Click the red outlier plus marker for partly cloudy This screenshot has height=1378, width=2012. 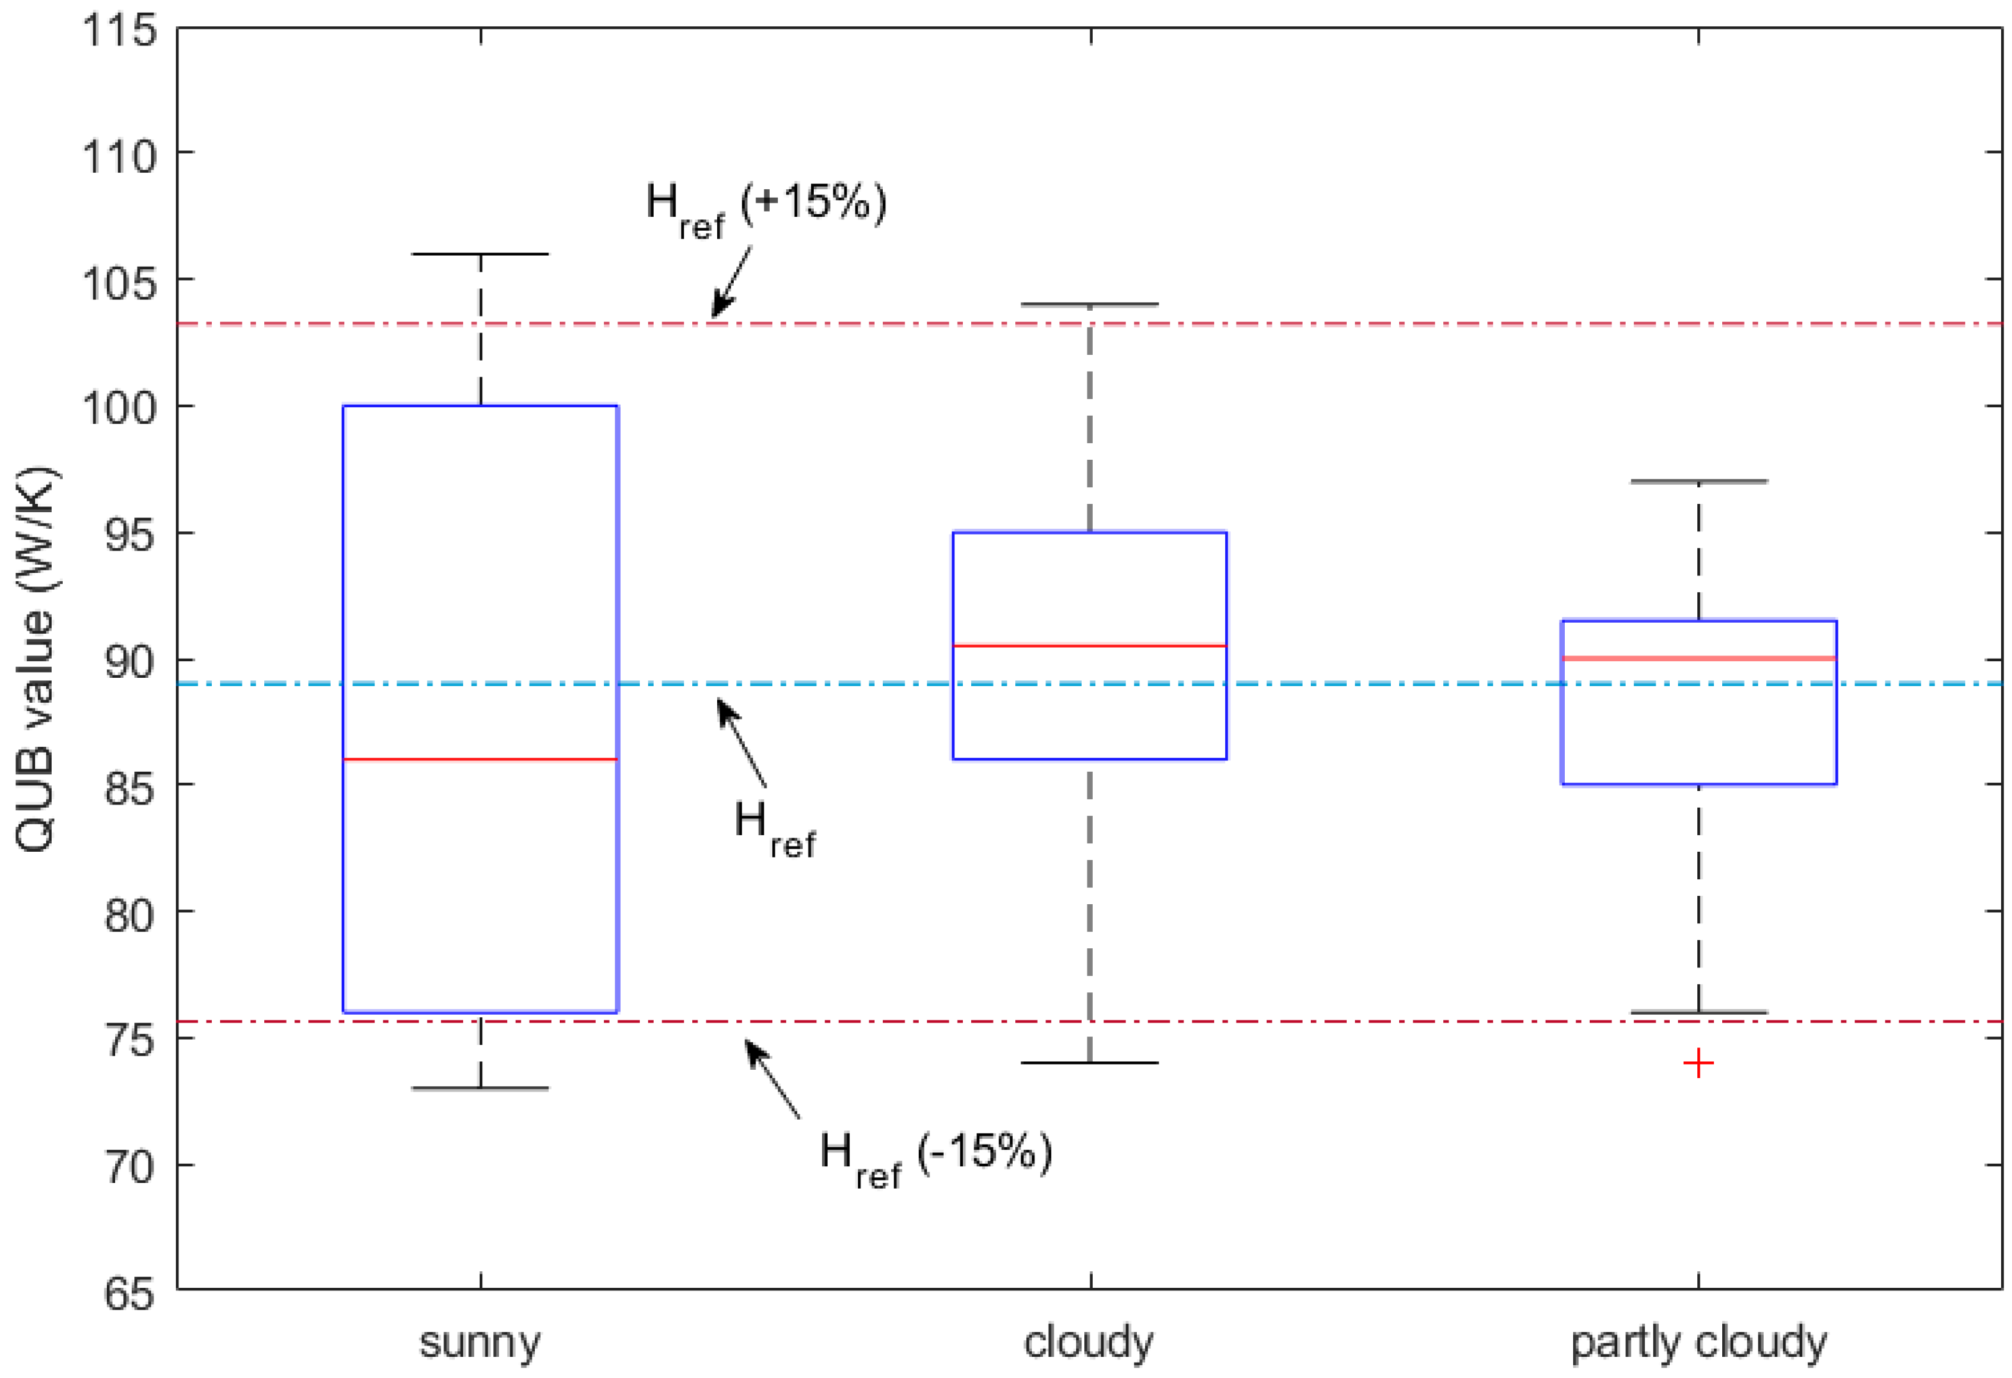pos(1698,1063)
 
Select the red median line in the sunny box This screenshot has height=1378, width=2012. pos(480,759)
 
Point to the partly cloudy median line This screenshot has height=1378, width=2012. pos(1699,659)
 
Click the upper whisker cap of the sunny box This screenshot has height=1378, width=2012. pos(480,254)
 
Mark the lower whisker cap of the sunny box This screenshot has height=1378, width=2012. pos(480,1088)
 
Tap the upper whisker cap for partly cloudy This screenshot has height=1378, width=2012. pos(1699,482)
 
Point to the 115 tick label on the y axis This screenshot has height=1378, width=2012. pos(120,32)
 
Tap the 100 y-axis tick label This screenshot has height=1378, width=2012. pos(120,407)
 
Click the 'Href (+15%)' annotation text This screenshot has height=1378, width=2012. pos(766,208)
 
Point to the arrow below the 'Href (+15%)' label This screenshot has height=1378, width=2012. pos(732,281)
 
